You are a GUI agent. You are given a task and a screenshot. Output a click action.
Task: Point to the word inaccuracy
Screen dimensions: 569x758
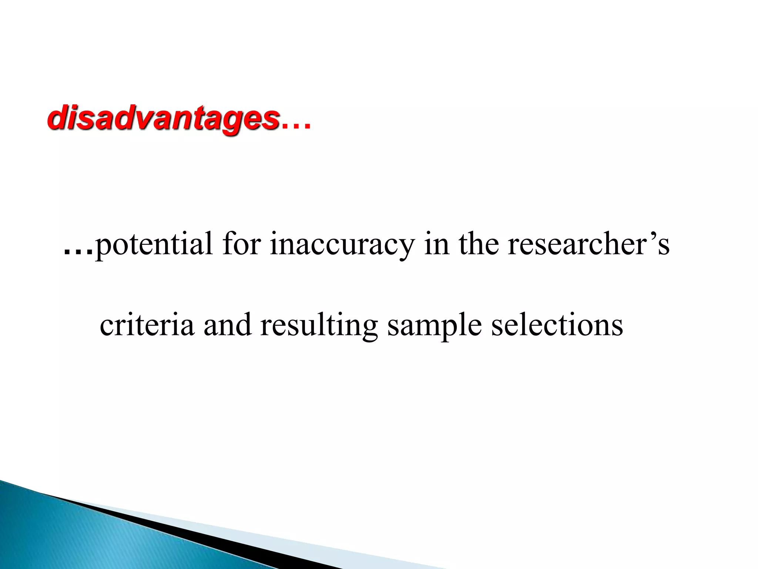click(342, 244)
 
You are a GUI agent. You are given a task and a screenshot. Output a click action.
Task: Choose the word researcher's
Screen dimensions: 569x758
click(588, 244)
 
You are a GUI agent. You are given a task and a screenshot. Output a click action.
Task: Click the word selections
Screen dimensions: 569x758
click(557, 325)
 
